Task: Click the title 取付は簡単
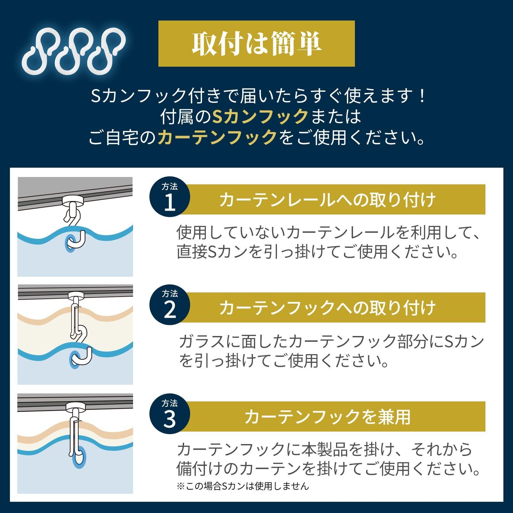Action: tap(256, 44)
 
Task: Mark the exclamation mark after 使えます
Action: tap(422, 96)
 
